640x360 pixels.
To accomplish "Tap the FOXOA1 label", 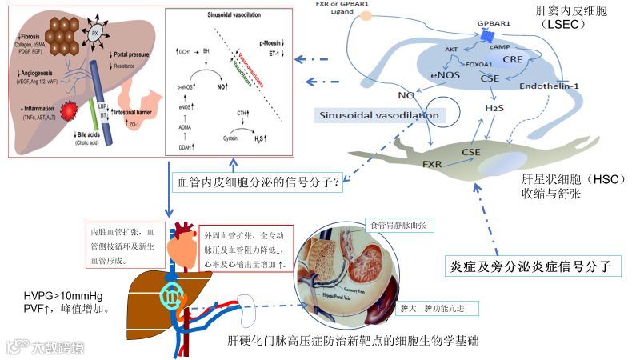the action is pos(476,63).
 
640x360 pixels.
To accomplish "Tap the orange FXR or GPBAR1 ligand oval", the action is pos(366,15).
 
